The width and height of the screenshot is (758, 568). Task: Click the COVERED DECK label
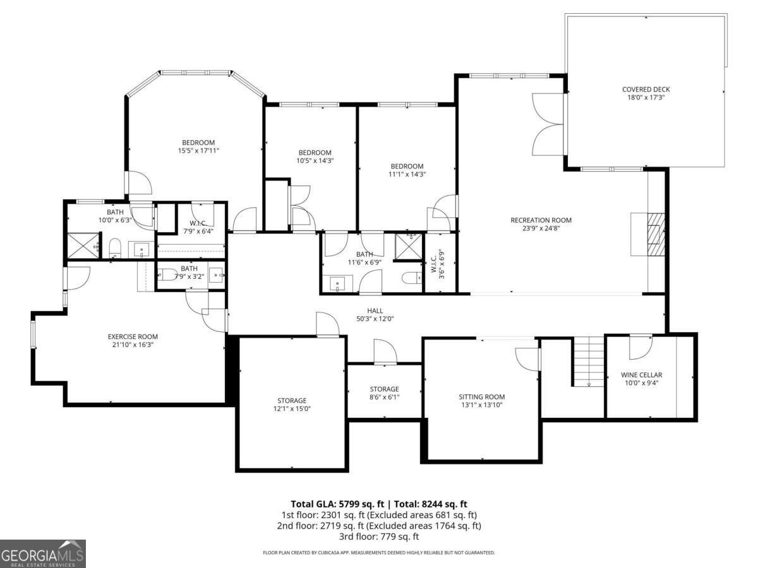coord(646,90)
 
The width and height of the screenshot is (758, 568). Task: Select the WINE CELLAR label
coord(641,375)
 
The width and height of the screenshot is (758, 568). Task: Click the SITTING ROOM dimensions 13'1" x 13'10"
coord(481,405)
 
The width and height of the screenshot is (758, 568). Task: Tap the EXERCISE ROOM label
coord(133,336)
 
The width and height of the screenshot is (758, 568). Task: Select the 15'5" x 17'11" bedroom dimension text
coord(198,151)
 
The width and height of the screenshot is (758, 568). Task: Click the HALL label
coord(375,311)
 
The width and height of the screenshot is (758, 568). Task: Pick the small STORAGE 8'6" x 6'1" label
coord(384,389)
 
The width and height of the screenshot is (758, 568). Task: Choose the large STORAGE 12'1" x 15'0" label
coord(292,401)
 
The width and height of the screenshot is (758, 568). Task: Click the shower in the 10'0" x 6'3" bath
coord(84,244)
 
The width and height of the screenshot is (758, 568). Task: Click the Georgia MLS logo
coord(43,553)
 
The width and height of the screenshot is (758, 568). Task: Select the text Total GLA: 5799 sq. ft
coord(337,504)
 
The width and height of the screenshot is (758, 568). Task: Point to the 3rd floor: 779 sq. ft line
coord(378,536)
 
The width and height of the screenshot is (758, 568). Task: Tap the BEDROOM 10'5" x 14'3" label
coord(315,153)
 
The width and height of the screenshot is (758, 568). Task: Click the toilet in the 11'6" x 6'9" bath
coord(410,278)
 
